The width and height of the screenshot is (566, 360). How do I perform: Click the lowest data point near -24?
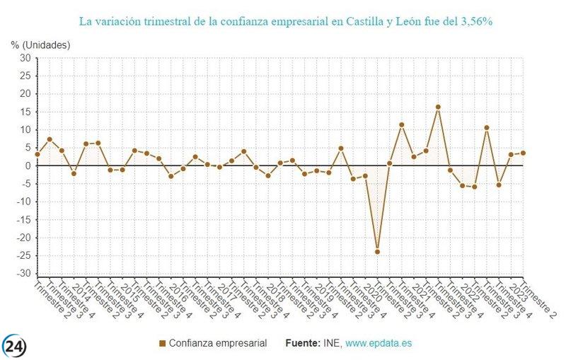(x=377, y=252)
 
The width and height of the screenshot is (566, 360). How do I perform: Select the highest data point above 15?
(x=438, y=107)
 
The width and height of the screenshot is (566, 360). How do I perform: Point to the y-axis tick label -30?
(x=24, y=274)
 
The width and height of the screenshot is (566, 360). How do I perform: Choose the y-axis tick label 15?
(x=26, y=112)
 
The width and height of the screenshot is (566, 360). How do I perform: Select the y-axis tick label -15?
(x=24, y=220)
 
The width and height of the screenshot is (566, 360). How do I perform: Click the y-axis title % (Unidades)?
(x=40, y=45)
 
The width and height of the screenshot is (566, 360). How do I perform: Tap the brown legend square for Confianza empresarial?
(x=162, y=343)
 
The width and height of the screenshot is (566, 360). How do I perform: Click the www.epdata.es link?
(x=379, y=343)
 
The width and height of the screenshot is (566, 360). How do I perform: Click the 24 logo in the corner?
(x=15, y=345)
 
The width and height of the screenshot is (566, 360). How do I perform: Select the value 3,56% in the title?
(x=473, y=22)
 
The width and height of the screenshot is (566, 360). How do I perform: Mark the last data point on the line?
(x=523, y=153)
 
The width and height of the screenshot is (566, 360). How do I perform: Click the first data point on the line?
(x=37, y=153)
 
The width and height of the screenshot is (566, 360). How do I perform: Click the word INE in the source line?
(x=331, y=343)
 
